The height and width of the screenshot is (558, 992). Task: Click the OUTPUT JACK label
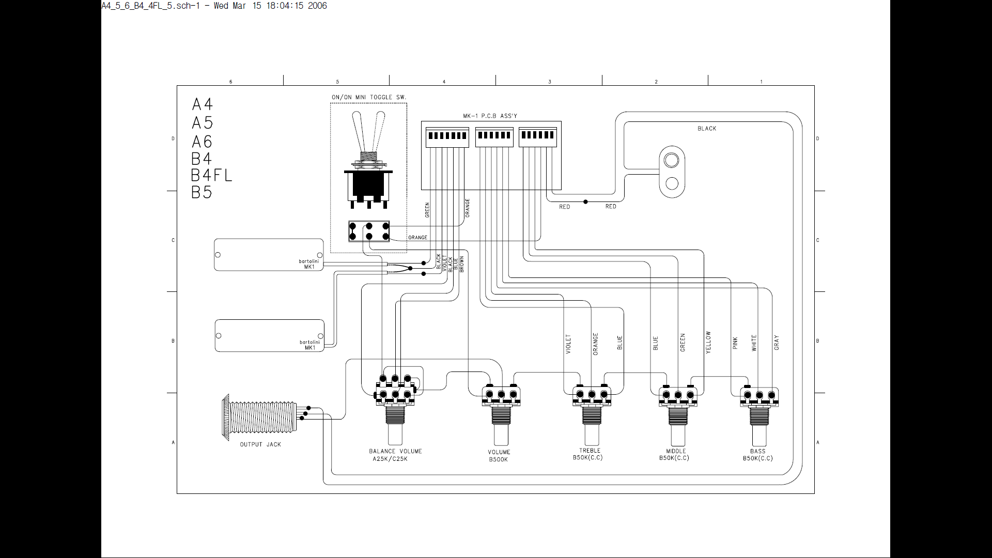(x=260, y=444)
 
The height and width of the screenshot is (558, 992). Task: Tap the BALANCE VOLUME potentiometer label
(x=395, y=451)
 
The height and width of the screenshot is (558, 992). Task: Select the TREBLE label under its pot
(x=590, y=451)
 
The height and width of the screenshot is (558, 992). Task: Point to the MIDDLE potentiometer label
(x=676, y=451)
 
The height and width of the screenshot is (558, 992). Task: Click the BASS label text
(x=758, y=451)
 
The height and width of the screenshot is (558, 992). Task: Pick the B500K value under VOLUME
(x=499, y=459)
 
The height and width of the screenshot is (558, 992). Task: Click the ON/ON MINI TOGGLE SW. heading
(x=369, y=97)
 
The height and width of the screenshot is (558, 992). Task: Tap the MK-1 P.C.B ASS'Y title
(x=490, y=116)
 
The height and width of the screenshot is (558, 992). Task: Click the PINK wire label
(x=735, y=343)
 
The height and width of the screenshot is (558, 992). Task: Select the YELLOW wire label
(x=708, y=342)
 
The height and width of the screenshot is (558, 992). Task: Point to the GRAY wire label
(x=776, y=343)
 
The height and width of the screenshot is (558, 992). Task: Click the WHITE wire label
(x=754, y=343)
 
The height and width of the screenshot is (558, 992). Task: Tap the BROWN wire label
(x=461, y=264)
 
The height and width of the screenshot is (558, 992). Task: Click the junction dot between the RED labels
(x=585, y=202)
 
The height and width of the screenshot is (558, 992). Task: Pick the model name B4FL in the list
(x=211, y=175)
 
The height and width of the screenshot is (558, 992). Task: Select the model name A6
(x=202, y=141)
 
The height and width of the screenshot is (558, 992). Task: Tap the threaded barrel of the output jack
(x=264, y=417)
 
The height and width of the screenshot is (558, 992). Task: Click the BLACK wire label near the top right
(x=707, y=129)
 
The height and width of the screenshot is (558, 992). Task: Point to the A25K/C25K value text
(x=390, y=459)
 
